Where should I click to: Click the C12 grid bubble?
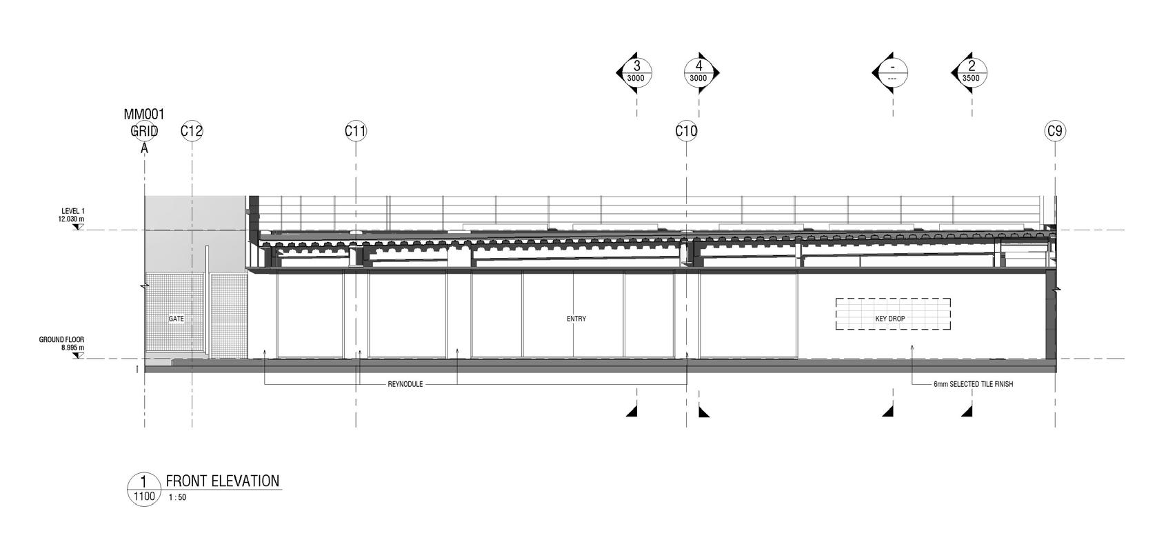point(192,130)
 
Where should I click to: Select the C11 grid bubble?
point(356,130)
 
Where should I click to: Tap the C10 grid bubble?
point(686,130)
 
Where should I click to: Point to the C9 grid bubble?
point(1055,130)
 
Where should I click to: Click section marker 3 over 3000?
point(636,71)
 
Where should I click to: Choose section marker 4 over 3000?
point(699,71)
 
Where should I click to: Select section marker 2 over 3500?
point(971,71)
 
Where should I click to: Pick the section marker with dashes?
point(892,71)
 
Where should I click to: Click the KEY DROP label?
point(889,319)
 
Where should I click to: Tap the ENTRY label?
point(576,319)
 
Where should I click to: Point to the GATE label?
point(177,319)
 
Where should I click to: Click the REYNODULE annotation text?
point(405,384)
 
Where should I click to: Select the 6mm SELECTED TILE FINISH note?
point(973,384)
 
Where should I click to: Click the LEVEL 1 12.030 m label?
point(72,215)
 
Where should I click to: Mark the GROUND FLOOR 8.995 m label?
point(61,343)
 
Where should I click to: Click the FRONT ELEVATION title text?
point(223,481)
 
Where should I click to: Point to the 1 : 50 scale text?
point(177,498)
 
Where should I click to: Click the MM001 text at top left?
point(144,114)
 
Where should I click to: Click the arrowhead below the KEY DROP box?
point(912,348)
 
